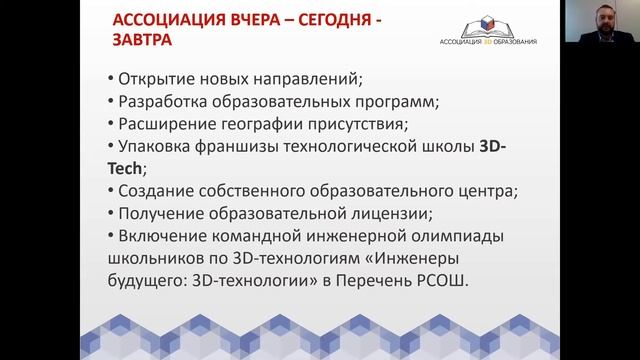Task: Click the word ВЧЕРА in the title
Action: click(236, 20)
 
